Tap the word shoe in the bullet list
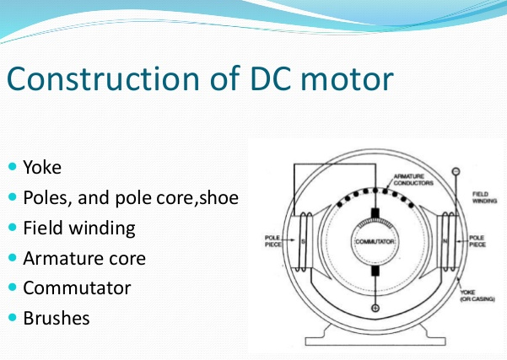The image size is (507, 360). click(x=218, y=196)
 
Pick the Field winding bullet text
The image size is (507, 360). click(x=78, y=227)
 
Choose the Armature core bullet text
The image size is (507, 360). click(x=84, y=257)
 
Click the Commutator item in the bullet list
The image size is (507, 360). click(x=77, y=287)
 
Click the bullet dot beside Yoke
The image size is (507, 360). click(x=13, y=166)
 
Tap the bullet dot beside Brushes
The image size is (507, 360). click(x=13, y=319)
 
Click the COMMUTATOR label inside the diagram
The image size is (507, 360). click(x=375, y=242)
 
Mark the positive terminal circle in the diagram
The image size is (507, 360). click(x=375, y=308)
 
